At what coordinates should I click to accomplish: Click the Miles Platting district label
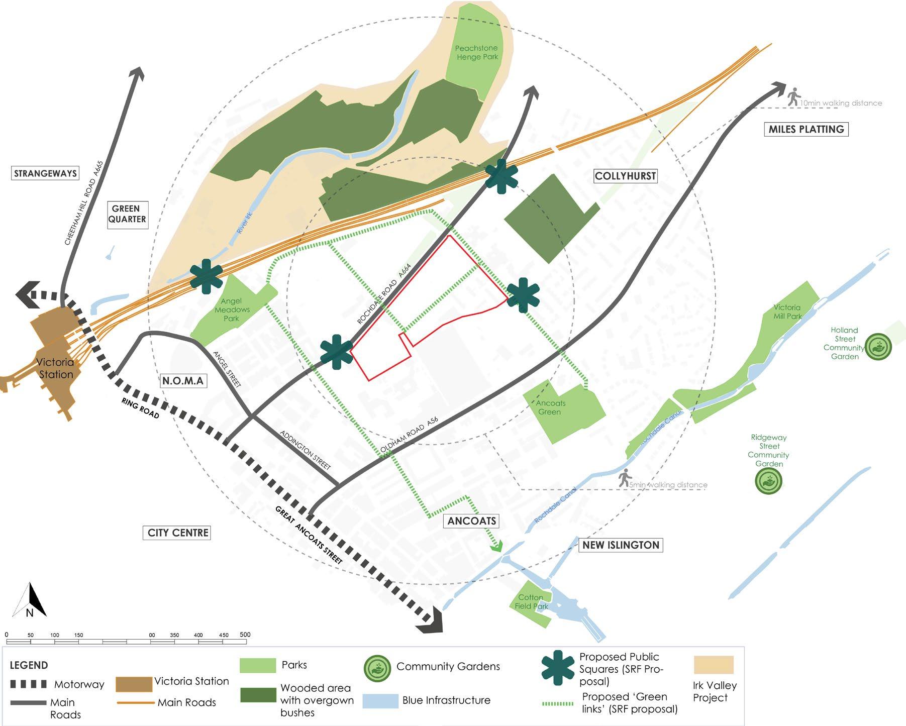[806, 129]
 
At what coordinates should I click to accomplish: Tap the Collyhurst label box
[625, 176]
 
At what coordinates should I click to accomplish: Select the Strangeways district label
[45, 173]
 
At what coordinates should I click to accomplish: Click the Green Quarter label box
[128, 214]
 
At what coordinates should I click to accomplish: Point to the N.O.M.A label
[183, 381]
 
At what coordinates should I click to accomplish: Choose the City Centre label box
[178, 533]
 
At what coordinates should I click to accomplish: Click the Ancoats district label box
[471, 521]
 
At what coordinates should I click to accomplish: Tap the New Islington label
[621, 545]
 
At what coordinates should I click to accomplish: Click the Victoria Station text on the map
[55, 368]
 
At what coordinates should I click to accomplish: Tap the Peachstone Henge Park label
[476, 52]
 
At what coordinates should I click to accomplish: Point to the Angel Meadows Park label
[232, 309]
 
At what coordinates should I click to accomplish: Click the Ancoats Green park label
[550, 407]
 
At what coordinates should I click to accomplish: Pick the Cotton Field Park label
[531, 601]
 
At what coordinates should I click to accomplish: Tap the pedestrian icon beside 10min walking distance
[793, 97]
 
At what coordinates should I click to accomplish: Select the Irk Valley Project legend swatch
[713, 665]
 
